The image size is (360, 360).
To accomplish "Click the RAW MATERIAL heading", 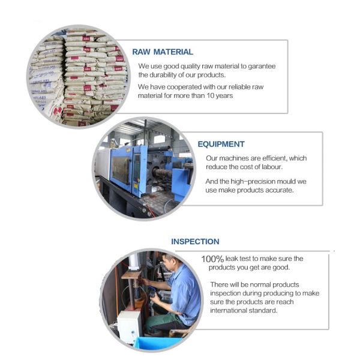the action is click(163, 52).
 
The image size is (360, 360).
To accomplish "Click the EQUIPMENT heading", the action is click(221, 144).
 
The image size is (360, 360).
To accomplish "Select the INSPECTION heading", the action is click(195, 242).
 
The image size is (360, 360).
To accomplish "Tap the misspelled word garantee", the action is click(262, 67).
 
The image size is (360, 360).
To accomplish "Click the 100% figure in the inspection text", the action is click(212, 259).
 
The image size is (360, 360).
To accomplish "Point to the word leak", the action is click(232, 259).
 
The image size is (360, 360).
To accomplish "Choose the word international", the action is click(227, 310).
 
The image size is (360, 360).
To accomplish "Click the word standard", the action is click(262, 310).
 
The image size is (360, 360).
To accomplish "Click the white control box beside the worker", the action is click(129, 326).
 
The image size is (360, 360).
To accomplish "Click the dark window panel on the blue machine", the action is click(121, 170).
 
